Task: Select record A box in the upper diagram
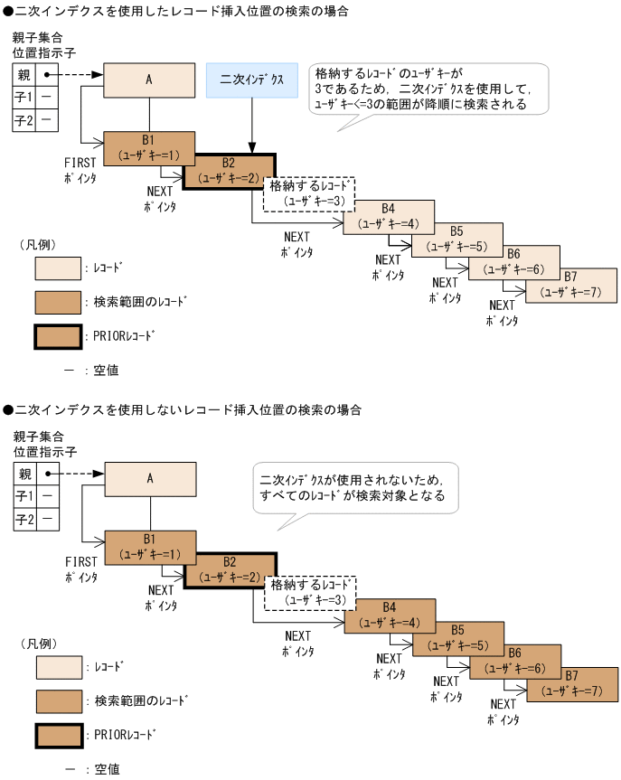[149, 80]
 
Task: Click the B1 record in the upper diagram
[148, 147]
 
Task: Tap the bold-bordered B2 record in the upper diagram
[229, 170]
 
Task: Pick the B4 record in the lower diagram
[390, 615]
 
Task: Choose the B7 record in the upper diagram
[570, 285]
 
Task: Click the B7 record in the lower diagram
[572, 683]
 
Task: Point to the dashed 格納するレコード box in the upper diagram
[308, 193]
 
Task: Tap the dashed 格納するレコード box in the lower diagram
[310, 593]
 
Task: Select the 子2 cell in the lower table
[25, 520]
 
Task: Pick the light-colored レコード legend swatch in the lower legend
[59, 667]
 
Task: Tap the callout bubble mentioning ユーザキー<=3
[426, 88]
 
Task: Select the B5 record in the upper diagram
[457, 240]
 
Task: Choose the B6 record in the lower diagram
[514, 662]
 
